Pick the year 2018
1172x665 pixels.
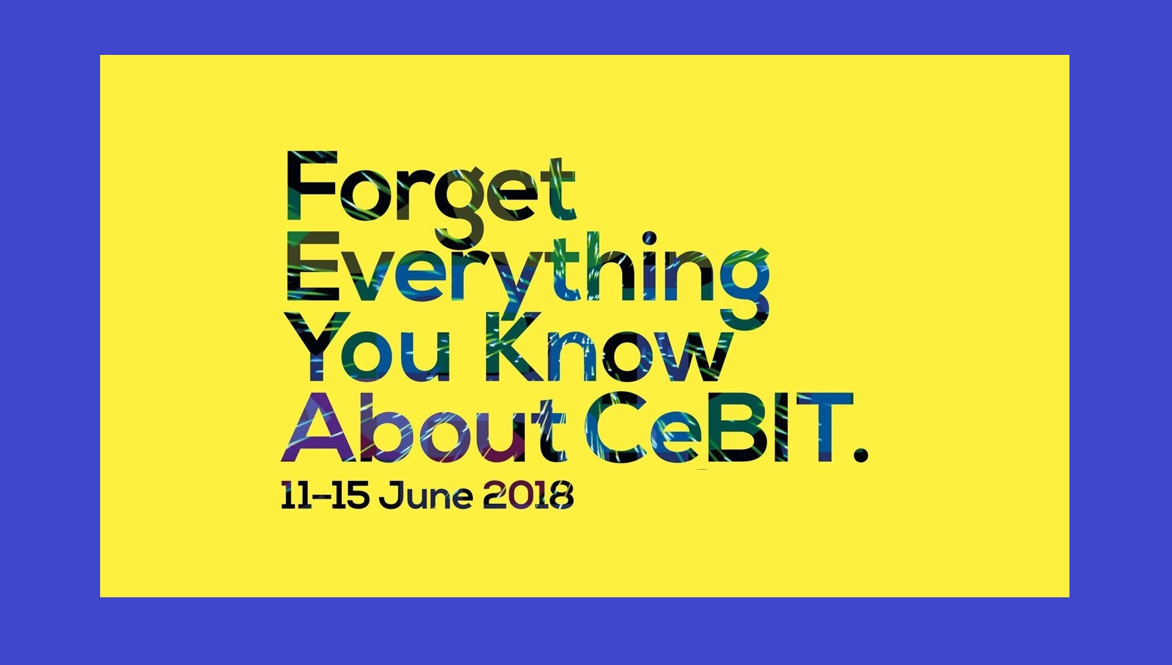[x=528, y=496]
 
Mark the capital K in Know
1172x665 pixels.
[x=512, y=344]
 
